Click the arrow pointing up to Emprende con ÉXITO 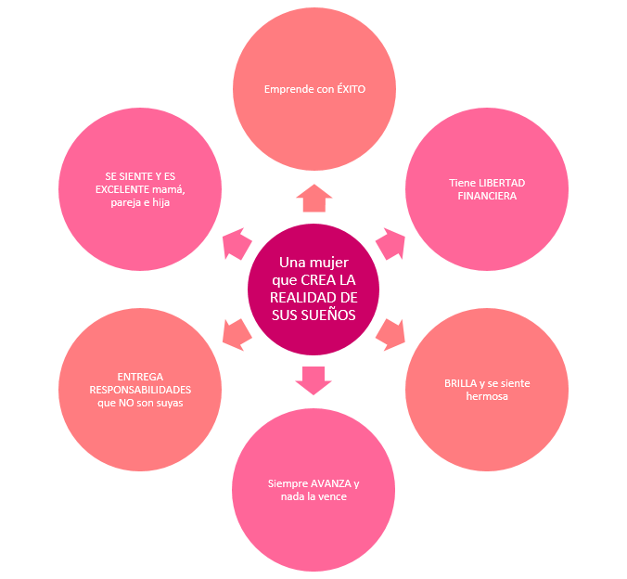click(313, 198)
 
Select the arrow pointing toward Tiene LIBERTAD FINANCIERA click(390, 244)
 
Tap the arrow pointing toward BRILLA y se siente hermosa click(390, 333)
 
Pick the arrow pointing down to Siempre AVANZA click(313, 380)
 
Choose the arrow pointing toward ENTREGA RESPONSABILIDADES click(237, 333)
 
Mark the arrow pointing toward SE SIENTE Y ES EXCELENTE click(237, 244)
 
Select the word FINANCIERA click(487, 196)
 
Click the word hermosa click(487, 396)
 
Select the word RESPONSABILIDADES click(140, 390)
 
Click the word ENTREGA click(140, 376)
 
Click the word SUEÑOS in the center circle click(331, 314)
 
